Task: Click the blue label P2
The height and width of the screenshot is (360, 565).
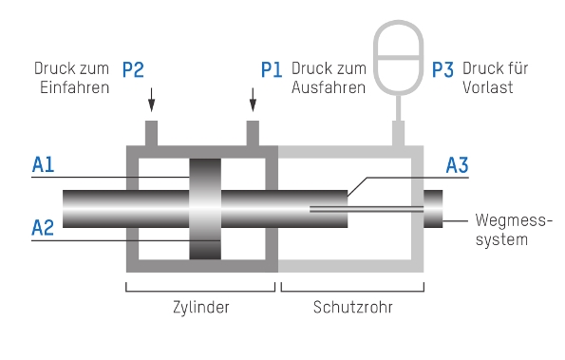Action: (x=133, y=69)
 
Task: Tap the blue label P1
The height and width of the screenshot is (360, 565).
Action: (x=272, y=69)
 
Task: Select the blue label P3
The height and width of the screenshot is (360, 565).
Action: (x=443, y=69)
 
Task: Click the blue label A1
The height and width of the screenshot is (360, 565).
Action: (x=44, y=164)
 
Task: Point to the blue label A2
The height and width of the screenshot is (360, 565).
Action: (x=43, y=228)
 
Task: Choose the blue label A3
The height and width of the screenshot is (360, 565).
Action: (x=458, y=165)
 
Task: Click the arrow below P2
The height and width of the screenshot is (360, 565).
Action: (x=152, y=100)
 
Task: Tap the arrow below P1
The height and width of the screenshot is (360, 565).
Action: (x=253, y=100)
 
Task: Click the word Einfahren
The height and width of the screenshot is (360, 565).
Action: (x=75, y=87)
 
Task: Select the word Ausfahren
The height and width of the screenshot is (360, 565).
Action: (x=329, y=87)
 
